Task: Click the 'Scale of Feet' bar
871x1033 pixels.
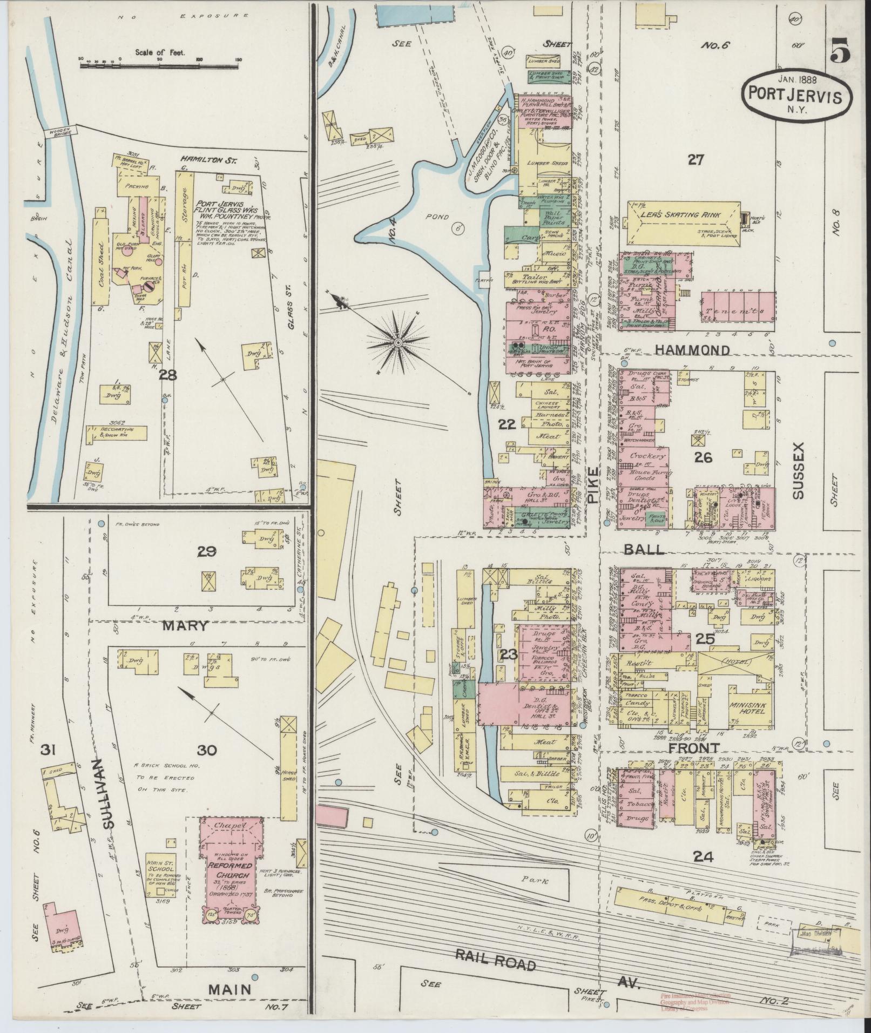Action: tap(160, 65)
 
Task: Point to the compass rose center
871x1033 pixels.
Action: tap(398, 342)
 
